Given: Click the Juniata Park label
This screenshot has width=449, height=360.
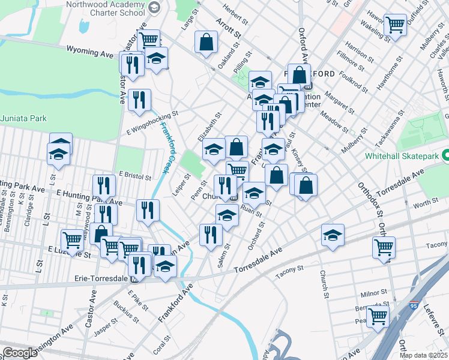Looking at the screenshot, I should coord(23,118).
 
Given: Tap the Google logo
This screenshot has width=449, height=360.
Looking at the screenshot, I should coord(20,353).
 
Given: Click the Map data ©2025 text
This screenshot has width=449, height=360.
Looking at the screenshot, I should coord(423,355).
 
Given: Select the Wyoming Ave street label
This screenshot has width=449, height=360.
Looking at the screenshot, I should coord(90,52).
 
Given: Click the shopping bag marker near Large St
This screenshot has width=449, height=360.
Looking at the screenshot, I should coord(206,42).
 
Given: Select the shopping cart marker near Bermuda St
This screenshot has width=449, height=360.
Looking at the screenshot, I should coord(378,316).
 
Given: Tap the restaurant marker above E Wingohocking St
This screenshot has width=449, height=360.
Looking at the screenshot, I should coord(139,100).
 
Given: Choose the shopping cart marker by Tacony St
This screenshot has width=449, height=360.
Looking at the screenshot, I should coord(384,247).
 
